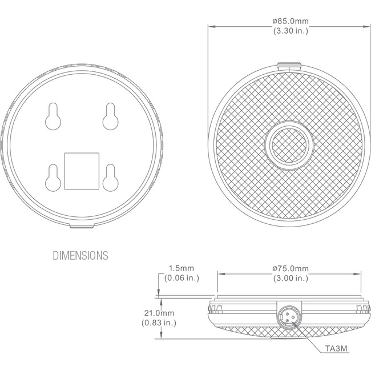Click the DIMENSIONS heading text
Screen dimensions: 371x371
tap(80, 256)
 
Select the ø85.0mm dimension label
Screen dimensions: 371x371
tap(291, 21)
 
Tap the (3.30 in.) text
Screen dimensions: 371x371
tap(291, 31)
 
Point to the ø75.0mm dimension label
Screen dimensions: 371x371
tap(291, 269)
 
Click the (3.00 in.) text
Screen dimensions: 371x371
tap(291, 278)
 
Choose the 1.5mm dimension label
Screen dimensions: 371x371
tap(182, 268)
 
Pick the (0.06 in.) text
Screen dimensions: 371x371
tap(182, 278)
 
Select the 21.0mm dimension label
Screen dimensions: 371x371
tap(159, 313)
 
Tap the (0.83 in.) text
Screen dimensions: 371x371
tap(159, 322)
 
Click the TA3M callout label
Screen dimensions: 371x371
tap(336, 349)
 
